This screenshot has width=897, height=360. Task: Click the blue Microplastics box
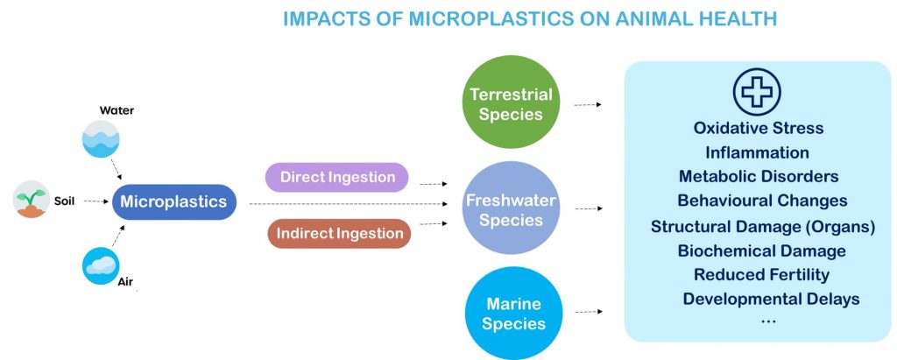click(x=173, y=202)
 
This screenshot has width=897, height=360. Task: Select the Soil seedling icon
click(x=32, y=200)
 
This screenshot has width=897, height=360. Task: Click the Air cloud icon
click(x=100, y=265)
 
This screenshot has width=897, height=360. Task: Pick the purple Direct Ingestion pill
click(x=337, y=178)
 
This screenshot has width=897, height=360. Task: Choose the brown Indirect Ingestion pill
click(x=339, y=234)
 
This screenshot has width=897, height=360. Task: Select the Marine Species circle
click(x=511, y=314)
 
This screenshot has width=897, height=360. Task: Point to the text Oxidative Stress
click(x=758, y=128)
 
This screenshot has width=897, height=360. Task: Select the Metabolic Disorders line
click(x=759, y=177)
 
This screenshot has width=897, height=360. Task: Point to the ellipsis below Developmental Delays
click(x=768, y=320)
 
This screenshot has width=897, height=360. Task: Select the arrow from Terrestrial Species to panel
click(x=587, y=104)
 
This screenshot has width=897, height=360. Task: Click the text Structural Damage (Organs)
click(x=763, y=227)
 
